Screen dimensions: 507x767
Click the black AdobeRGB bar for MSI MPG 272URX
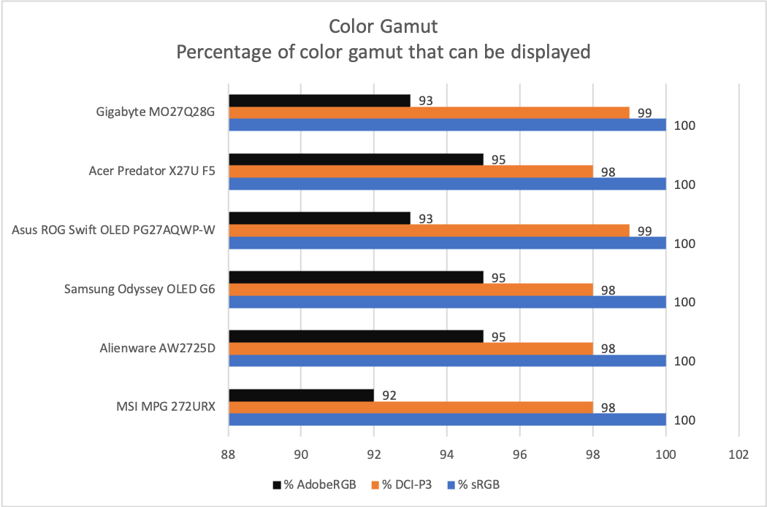tap(301, 395)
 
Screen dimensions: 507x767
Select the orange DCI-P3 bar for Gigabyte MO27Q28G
tap(429, 112)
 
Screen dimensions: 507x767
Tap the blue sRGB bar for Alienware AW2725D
tap(447, 361)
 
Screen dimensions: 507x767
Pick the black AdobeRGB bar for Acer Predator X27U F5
tap(356, 159)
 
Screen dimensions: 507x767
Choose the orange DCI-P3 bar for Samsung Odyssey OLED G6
tap(411, 290)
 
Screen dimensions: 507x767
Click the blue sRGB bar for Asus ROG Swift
tap(447, 243)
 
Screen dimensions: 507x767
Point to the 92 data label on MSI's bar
tap(389, 395)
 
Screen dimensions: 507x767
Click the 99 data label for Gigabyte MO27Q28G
tap(644, 113)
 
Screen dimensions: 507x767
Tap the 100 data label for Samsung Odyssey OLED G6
tap(684, 302)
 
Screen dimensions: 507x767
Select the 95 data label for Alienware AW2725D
tap(498, 336)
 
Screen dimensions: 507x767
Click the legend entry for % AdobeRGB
tap(305, 484)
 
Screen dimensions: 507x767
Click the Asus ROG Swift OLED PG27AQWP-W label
tap(114, 231)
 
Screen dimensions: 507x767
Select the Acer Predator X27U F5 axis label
tap(152, 171)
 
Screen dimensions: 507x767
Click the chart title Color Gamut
tap(383, 27)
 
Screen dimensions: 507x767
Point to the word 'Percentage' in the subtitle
tap(218, 52)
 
